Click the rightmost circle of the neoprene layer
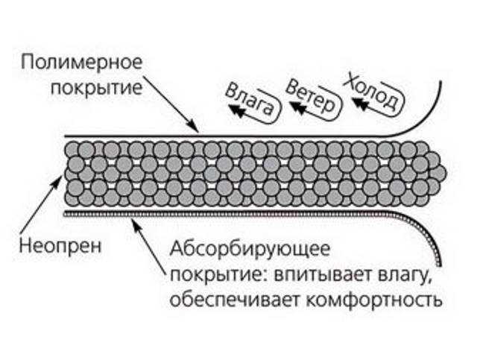pos(438,173)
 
